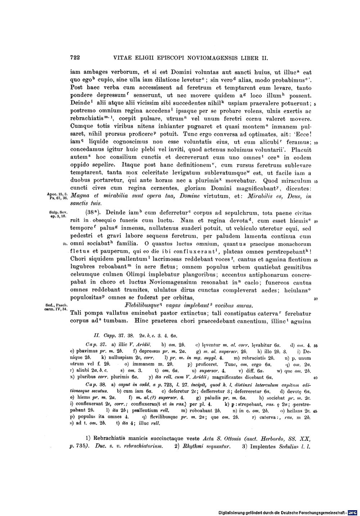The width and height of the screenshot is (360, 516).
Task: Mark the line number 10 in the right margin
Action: (x=316, y=143)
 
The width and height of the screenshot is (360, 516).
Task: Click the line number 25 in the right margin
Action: (x=316, y=260)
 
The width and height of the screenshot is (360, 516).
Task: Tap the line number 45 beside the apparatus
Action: (x=315, y=411)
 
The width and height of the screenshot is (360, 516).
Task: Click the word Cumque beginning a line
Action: (x=82, y=127)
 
